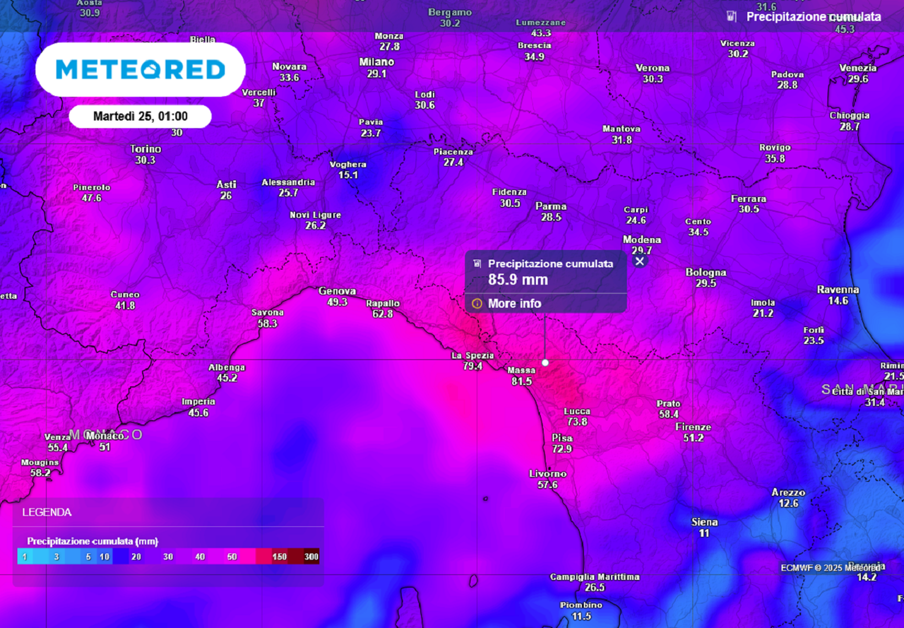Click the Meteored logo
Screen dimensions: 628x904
pyautogui.click(x=140, y=69)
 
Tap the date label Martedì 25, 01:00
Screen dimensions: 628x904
pyautogui.click(x=141, y=117)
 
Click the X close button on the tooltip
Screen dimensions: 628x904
pyautogui.click(x=640, y=261)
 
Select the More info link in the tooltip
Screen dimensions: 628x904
pyautogui.click(x=514, y=304)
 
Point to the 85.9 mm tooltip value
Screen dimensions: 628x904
pyautogui.click(x=518, y=280)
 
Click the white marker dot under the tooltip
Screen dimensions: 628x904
pyautogui.click(x=545, y=362)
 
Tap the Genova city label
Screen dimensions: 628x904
pyautogui.click(x=337, y=291)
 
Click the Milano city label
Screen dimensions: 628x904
pyautogui.click(x=376, y=62)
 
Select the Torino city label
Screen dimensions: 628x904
pyautogui.click(x=145, y=149)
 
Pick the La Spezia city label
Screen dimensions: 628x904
pyautogui.click(x=472, y=355)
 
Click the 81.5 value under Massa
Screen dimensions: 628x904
pyautogui.click(x=521, y=381)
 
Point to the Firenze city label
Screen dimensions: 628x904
pyautogui.click(x=693, y=427)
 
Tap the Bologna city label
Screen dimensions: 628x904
pyautogui.click(x=706, y=272)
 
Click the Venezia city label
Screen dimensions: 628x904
pyautogui.click(x=858, y=68)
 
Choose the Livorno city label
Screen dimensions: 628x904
pyautogui.click(x=547, y=473)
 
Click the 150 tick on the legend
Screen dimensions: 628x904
pyautogui.click(x=280, y=557)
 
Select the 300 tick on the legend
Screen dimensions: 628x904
pyautogui.click(x=311, y=557)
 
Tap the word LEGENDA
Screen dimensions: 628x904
pyautogui.click(x=47, y=512)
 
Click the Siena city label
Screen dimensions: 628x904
pyautogui.click(x=704, y=522)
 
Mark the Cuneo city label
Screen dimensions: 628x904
pyautogui.click(x=125, y=295)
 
